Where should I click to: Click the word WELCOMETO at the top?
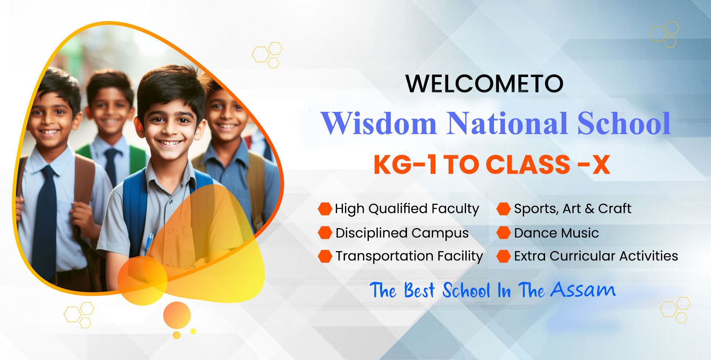pos(484,84)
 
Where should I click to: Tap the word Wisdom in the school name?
pos(378,123)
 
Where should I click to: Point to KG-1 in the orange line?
pos(405,164)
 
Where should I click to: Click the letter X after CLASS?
pos(601,164)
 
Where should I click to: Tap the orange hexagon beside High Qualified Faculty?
pos(325,209)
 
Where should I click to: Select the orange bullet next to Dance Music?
pos(504,233)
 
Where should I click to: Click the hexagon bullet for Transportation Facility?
pos(325,256)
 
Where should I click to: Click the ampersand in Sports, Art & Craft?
pos(589,209)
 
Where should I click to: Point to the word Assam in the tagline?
pos(583,290)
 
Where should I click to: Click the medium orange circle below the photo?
pos(177,315)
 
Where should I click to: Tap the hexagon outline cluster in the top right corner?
pos(664,34)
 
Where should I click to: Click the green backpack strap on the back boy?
pos(138,159)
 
